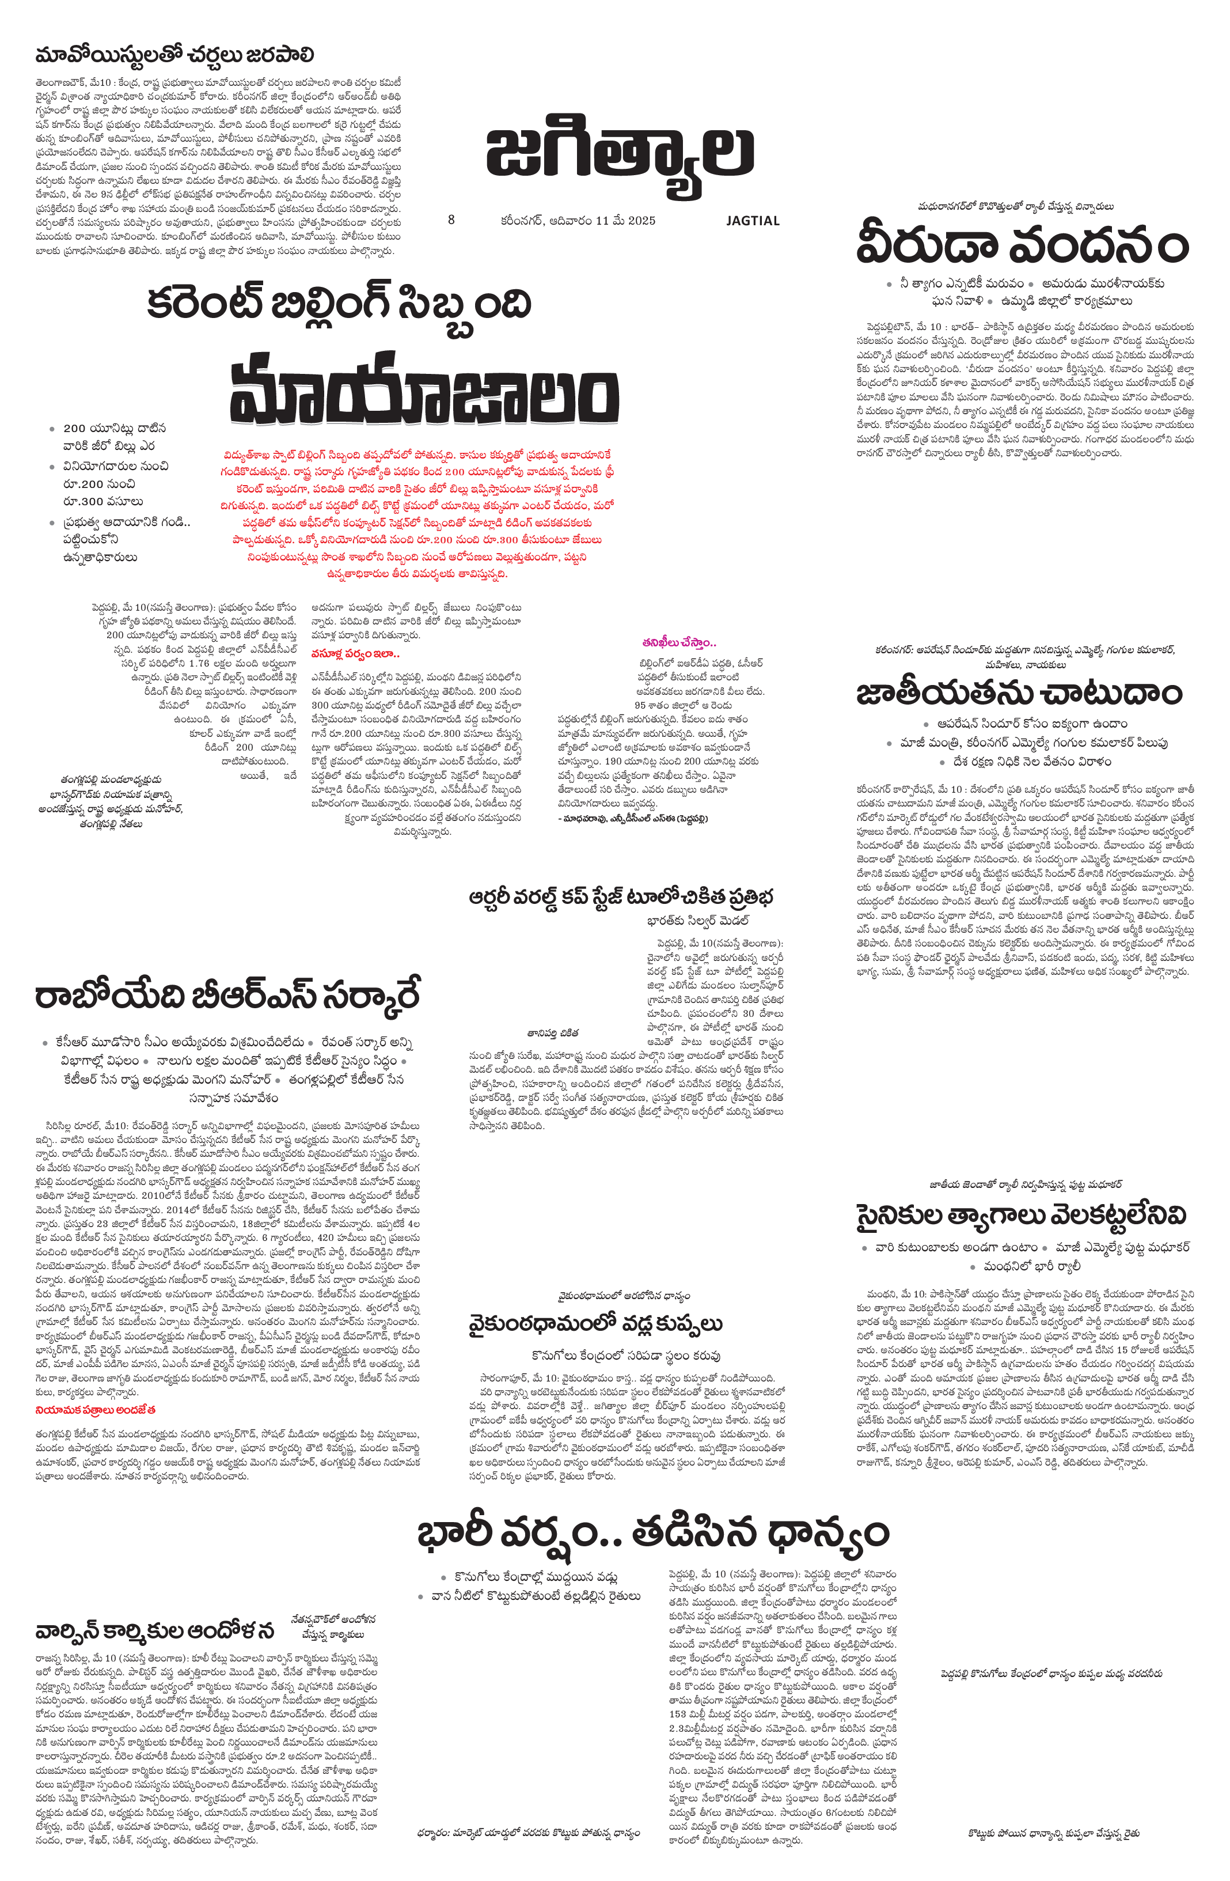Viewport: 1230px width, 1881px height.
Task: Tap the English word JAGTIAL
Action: point(753,221)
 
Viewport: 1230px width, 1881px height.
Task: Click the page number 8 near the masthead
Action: point(451,219)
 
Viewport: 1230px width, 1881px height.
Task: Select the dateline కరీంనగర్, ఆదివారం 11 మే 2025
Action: point(578,221)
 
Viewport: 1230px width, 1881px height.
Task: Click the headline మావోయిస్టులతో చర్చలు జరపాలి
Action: point(174,55)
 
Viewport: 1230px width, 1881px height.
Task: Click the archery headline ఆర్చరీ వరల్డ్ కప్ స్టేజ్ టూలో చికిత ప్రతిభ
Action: point(621,897)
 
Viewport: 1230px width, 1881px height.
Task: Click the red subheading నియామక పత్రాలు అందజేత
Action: point(96,1409)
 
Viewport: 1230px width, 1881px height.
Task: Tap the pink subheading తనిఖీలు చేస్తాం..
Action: point(678,642)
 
